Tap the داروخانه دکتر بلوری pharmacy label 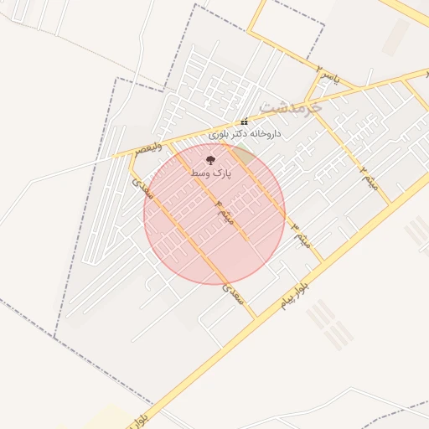245,134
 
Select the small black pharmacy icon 244,122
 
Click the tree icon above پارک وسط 209,158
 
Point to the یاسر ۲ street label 332,77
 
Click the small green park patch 244,153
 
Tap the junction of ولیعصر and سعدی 129,157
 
